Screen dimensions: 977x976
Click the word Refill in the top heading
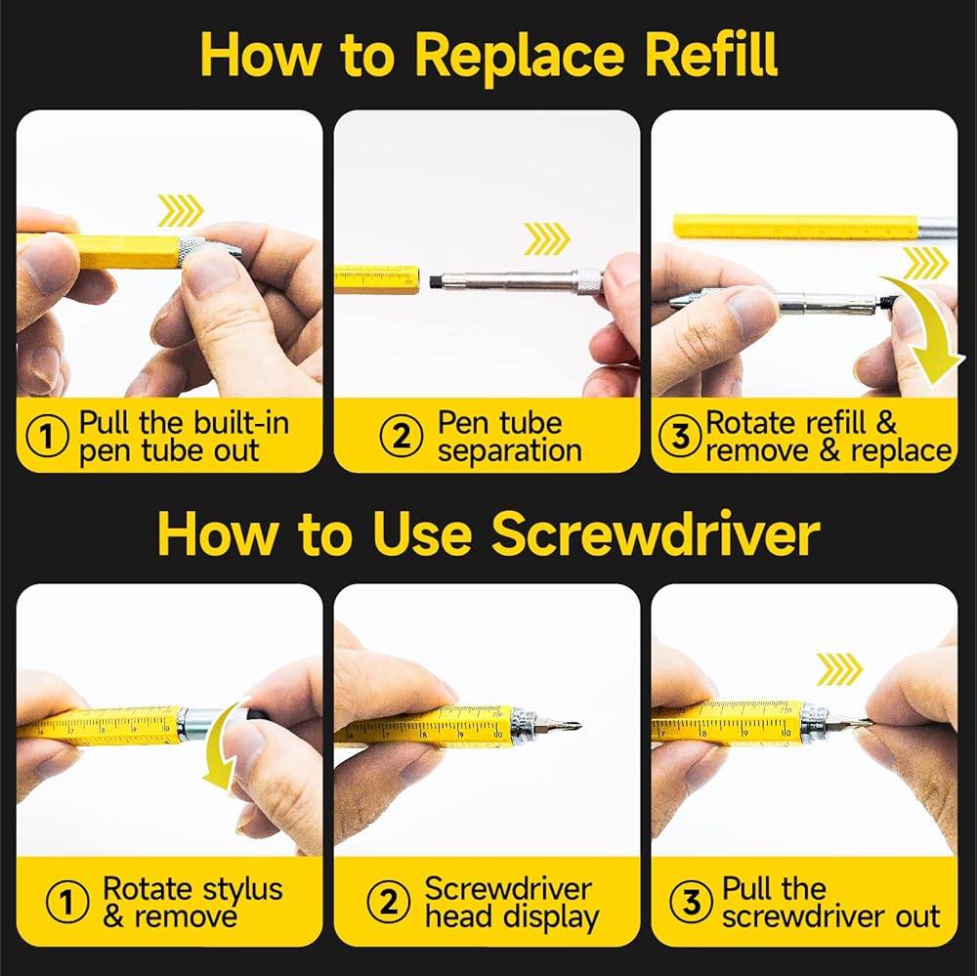pyautogui.click(x=711, y=55)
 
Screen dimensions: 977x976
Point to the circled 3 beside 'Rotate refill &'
pyautogui.click(x=680, y=436)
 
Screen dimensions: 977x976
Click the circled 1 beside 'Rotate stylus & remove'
pyautogui.click(x=67, y=902)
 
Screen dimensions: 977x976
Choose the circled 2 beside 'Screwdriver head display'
pyautogui.click(x=389, y=902)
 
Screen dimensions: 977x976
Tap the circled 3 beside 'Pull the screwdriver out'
pyautogui.click(x=691, y=902)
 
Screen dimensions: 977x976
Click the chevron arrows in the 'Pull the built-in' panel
pyautogui.click(x=180, y=211)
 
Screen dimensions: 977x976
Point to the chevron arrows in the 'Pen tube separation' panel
pyautogui.click(x=546, y=238)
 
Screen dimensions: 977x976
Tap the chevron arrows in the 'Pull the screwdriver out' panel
pyautogui.click(x=839, y=669)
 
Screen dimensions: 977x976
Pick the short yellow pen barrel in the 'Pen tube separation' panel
pyautogui.click(x=377, y=279)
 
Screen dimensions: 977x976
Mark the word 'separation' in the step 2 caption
pyautogui.click(x=510, y=450)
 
